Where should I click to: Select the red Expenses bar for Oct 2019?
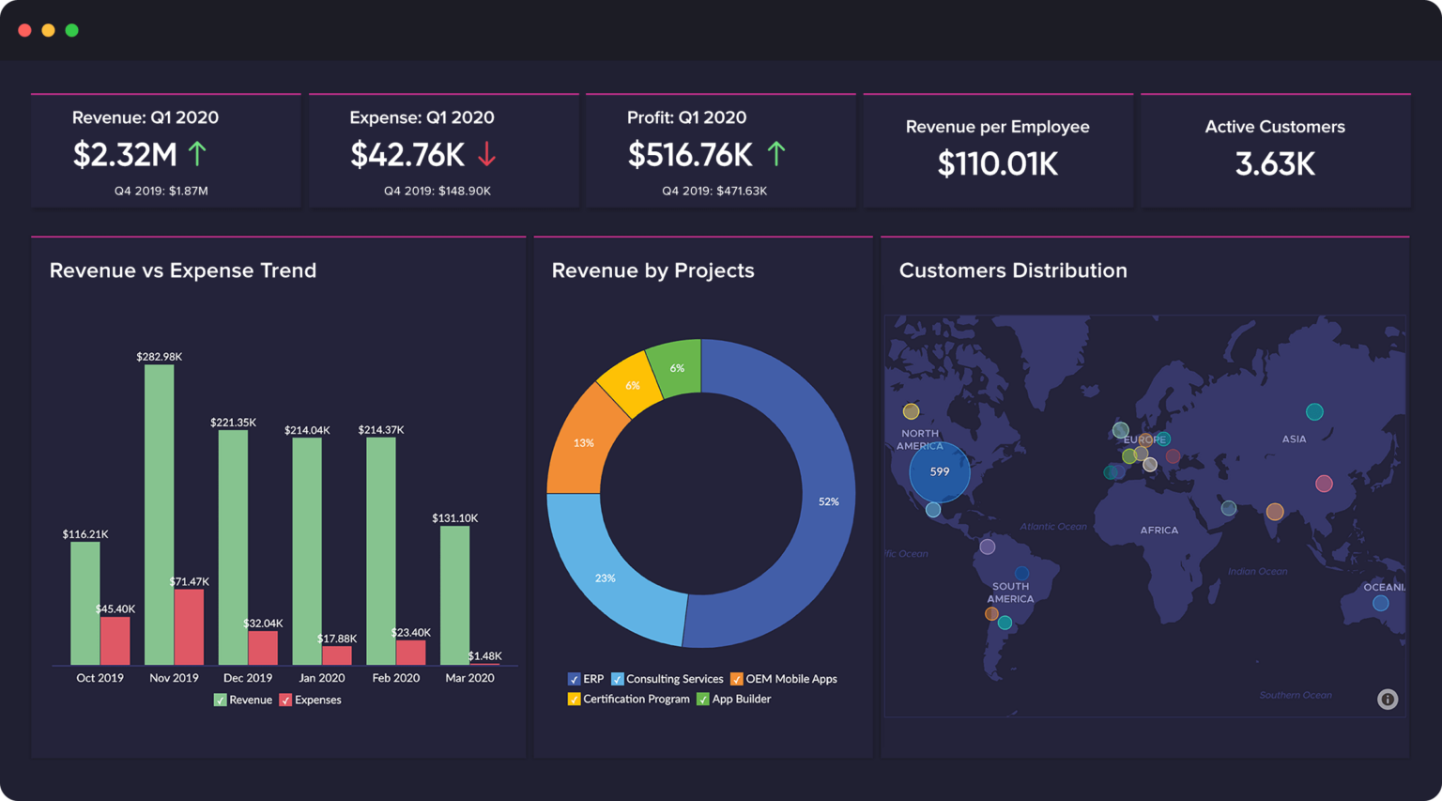(115, 640)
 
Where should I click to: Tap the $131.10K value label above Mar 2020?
(455, 518)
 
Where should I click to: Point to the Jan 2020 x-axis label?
(321, 678)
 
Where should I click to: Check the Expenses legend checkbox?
(285, 701)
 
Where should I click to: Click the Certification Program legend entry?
(628, 700)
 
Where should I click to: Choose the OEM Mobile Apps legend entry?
(784, 679)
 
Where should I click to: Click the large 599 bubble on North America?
(940, 472)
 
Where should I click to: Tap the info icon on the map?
(1388, 700)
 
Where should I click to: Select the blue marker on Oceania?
(1380, 604)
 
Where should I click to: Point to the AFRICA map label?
(1158, 531)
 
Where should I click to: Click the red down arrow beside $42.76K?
(486, 154)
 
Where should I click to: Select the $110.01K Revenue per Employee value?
(997, 164)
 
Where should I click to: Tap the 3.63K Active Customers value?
(1274, 164)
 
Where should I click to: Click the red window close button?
(24, 30)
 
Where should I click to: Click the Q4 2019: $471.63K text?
(714, 192)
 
